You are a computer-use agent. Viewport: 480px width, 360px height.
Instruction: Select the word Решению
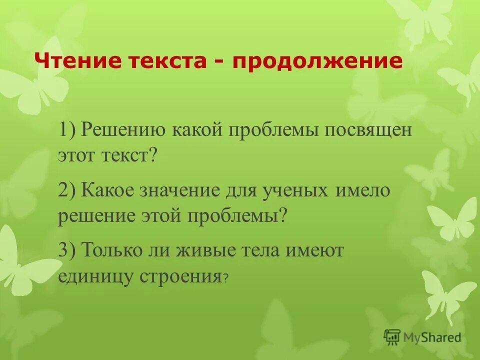pos(123,131)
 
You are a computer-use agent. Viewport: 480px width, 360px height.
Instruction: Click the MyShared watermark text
pos(432,337)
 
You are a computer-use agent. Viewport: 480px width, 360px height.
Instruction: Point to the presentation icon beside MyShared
pos(392,337)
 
